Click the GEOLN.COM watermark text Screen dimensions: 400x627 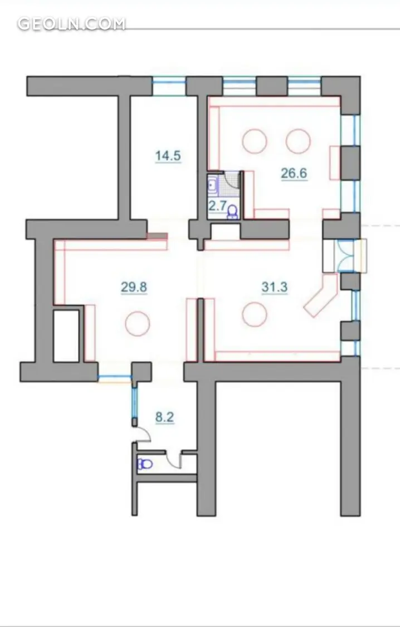(71, 23)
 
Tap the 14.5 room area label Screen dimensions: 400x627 (168, 155)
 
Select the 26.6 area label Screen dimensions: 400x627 (294, 173)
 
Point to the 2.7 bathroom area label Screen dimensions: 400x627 (217, 206)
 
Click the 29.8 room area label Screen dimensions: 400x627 (134, 287)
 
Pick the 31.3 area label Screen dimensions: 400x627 (275, 287)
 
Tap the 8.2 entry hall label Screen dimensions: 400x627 (165, 417)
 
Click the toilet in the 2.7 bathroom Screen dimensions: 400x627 (232, 211)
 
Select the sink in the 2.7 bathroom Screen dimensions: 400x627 (212, 184)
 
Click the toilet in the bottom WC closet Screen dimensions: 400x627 (145, 464)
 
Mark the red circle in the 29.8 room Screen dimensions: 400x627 (138, 324)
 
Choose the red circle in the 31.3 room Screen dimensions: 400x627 (255, 314)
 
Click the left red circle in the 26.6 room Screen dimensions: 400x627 (255, 141)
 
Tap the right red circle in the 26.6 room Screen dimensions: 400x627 (298, 141)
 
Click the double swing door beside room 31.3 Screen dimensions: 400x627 (346, 255)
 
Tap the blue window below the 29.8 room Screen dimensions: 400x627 (115, 377)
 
